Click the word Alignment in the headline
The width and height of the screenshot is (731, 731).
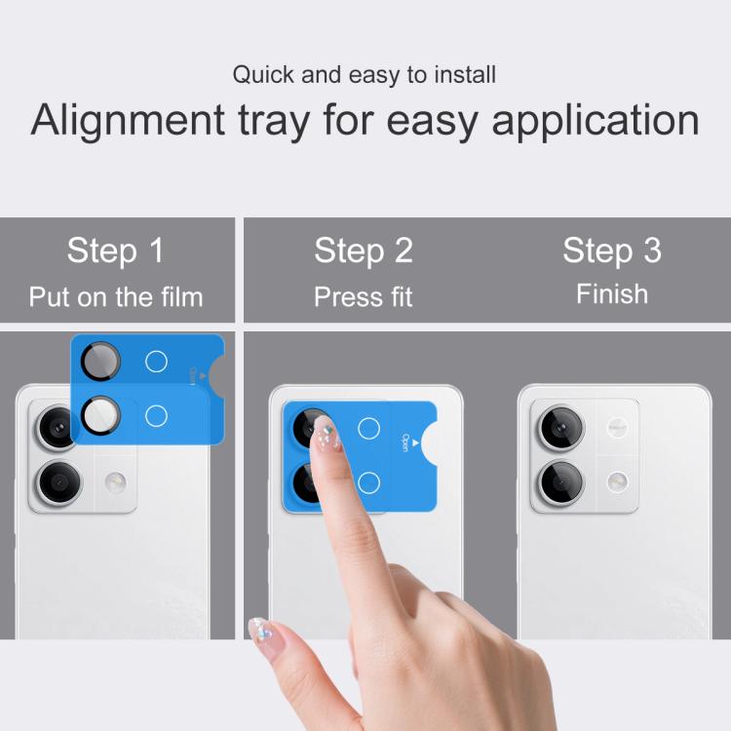[128, 121]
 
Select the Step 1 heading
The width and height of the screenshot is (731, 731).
[115, 250]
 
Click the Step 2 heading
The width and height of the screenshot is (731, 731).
[364, 250]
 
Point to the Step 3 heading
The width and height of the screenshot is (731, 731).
[612, 250]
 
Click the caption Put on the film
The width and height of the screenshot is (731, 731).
[116, 297]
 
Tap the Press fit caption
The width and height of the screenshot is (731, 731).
[364, 297]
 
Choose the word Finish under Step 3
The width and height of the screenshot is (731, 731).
[612, 293]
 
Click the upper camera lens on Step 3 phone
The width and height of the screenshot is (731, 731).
[561, 428]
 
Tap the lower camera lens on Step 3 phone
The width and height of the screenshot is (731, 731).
[561, 482]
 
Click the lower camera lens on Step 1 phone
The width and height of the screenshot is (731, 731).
[59, 482]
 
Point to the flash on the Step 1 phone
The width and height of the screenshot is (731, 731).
[115, 482]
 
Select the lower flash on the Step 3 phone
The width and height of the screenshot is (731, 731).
[617, 482]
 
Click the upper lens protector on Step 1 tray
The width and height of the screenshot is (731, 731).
[100, 362]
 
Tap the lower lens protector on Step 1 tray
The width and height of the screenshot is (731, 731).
[100, 415]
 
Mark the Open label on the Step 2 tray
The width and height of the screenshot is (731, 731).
[404, 442]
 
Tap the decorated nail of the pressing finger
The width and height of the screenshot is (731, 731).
[326, 433]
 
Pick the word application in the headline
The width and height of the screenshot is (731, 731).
[596, 121]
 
